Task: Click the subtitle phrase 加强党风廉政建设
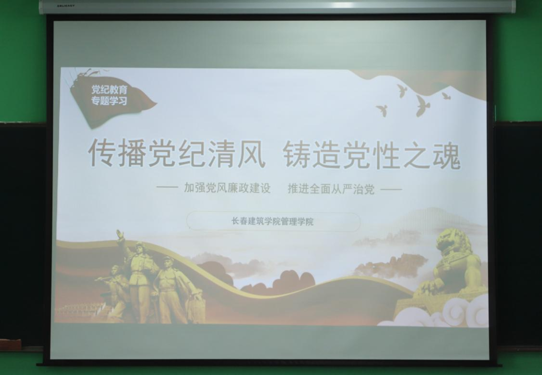[227, 189]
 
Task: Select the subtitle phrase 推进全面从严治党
[331, 189]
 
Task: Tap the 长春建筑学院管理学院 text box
[273, 221]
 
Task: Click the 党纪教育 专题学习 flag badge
[110, 96]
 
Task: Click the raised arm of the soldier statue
[121, 239]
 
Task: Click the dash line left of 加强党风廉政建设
[168, 189]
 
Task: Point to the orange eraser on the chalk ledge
[10, 344]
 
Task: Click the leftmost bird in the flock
[382, 110]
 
